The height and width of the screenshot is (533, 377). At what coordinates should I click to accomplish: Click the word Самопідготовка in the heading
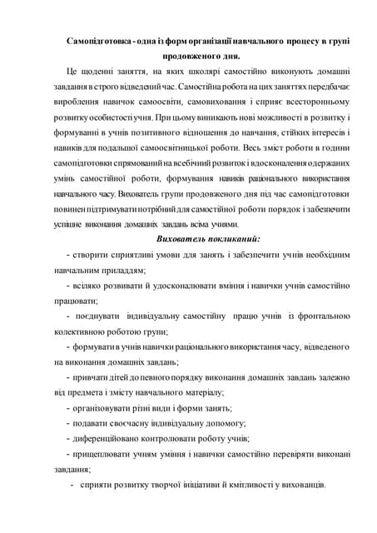pyautogui.click(x=101, y=41)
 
